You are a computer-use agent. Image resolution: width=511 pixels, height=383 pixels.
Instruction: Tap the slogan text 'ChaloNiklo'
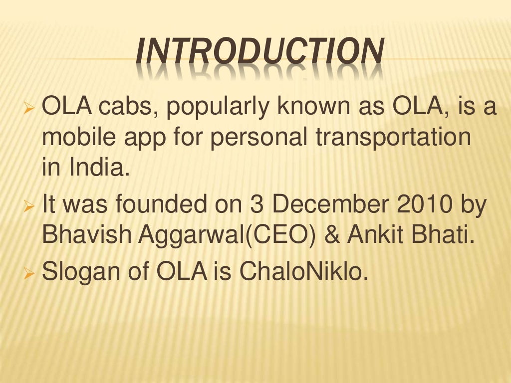tap(302, 273)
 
